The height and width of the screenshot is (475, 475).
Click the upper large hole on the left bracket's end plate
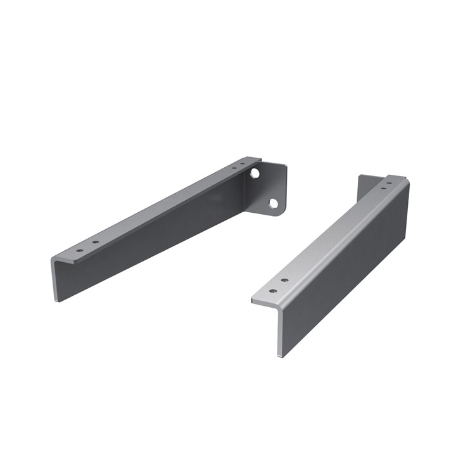click(x=255, y=172)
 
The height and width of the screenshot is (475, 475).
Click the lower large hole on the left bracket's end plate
click(x=274, y=203)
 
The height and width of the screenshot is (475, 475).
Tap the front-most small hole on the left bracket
click(x=79, y=250)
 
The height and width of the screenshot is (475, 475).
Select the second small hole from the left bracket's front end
click(x=96, y=242)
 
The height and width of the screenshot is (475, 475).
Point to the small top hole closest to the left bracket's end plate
click(x=243, y=165)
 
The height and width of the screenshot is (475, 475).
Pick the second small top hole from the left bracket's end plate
click(x=234, y=168)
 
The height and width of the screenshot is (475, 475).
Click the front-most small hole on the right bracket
click(x=273, y=291)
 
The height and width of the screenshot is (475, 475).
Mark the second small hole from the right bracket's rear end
click(x=383, y=188)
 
